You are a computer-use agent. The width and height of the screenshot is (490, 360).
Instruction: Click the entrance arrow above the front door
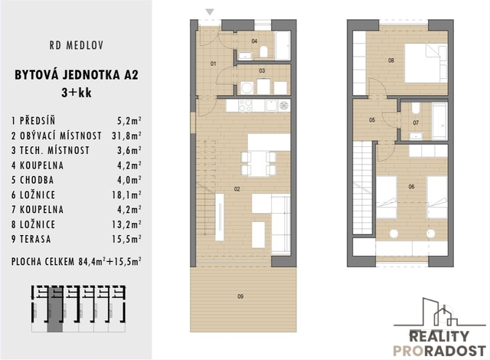pyautogui.click(x=210, y=12)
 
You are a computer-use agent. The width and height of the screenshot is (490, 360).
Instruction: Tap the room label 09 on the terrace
pyautogui.click(x=240, y=296)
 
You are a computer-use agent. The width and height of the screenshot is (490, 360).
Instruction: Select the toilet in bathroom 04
pyautogui.click(x=263, y=52)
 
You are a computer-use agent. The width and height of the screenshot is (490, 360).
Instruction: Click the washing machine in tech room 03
pyautogui.click(x=247, y=87)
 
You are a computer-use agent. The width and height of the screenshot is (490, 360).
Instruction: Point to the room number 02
pyautogui.click(x=237, y=188)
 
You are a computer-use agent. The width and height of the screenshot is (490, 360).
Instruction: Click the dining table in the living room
pyautogui.click(x=259, y=163)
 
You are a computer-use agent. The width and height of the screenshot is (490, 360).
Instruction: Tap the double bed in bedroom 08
pyautogui.click(x=426, y=63)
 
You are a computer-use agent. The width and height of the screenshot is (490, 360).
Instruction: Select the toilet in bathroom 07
pyautogui.click(x=416, y=108)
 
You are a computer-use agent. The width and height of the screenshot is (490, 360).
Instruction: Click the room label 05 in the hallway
pyautogui.click(x=372, y=119)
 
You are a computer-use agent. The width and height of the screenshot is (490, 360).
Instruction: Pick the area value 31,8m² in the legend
pyautogui.click(x=126, y=136)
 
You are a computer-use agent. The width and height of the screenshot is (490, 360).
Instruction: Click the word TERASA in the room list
pyautogui.click(x=35, y=239)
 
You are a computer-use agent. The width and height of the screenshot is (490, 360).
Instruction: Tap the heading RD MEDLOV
pyautogui.click(x=77, y=46)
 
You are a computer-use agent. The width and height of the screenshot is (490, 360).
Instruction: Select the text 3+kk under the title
pyautogui.click(x=77, y=93)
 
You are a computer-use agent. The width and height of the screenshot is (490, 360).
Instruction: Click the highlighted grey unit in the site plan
pyautogui.click(x=55, y=309)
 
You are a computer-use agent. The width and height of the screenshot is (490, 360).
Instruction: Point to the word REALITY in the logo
pyautogui.click(x=439, y=336)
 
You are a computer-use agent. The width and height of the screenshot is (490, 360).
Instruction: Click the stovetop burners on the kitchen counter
pyautogui.click(x=245, y=106)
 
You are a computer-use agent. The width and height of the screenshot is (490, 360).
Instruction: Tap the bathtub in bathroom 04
pyautogui.click(x=283, y=46)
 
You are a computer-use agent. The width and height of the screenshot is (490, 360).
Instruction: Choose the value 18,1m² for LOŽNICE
pyautogui.click(x=126, y=195)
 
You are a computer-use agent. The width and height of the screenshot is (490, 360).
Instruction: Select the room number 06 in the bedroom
pyautogui.click(x=411, y=187)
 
